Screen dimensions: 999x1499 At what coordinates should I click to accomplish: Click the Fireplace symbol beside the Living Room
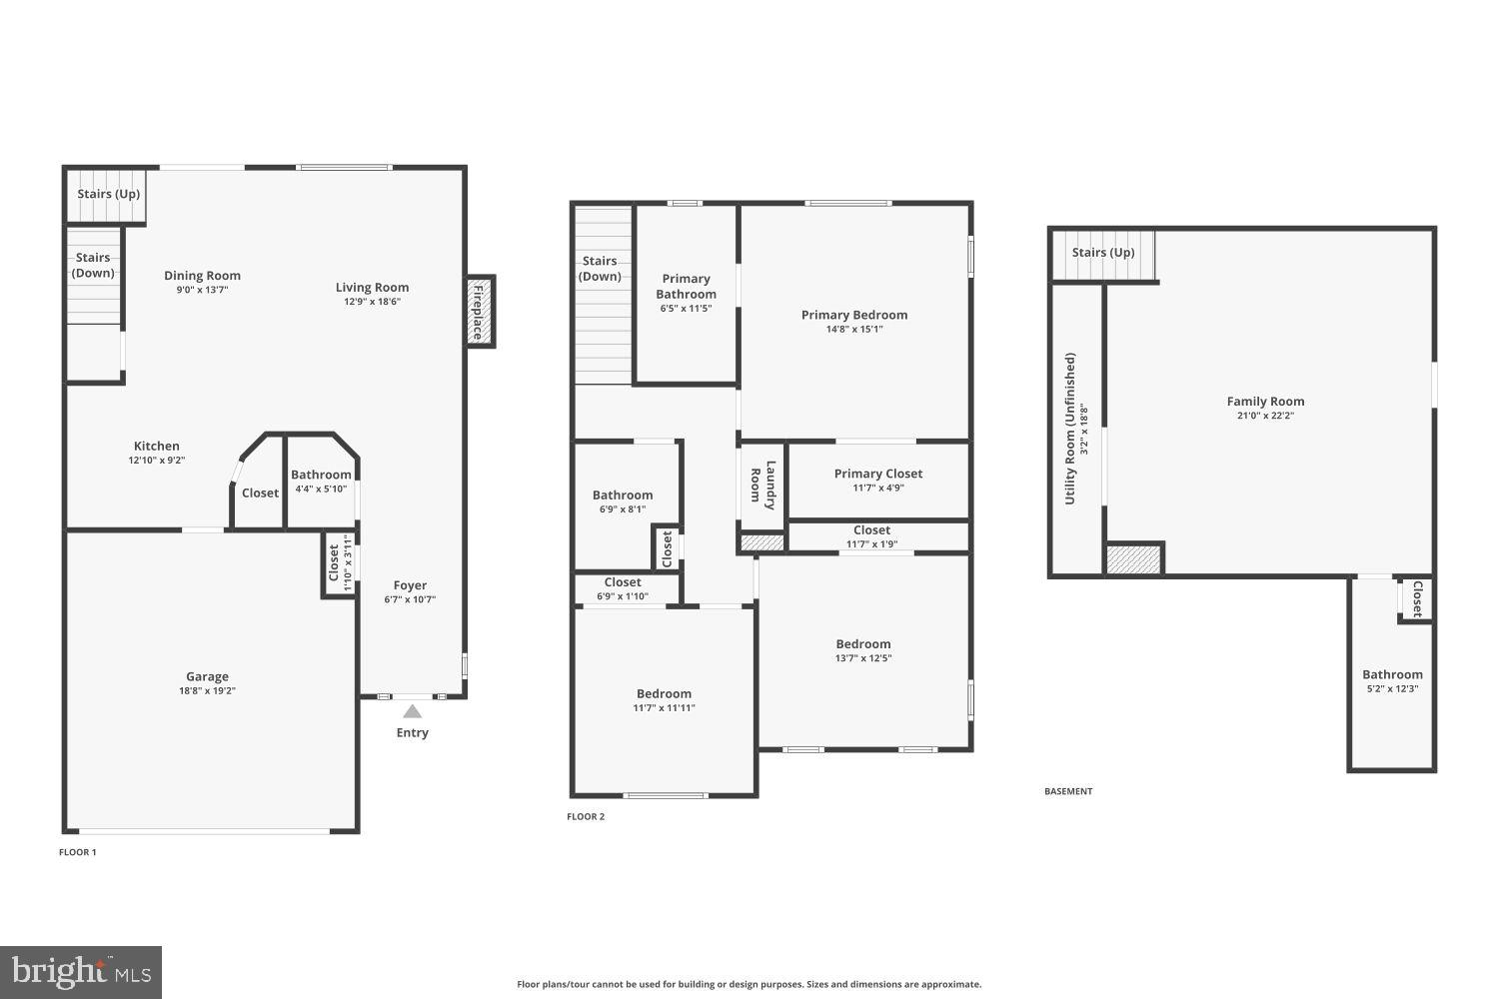click(x=480, y=311)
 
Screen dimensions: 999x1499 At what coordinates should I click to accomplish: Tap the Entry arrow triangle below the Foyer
click(x=412, y=712)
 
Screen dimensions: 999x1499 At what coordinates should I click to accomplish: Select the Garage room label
click(x=207, y=676)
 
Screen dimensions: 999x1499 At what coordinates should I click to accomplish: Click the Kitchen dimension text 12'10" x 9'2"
click(x=157, y=461)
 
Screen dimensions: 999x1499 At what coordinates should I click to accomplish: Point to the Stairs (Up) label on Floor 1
click(x=109, y=194)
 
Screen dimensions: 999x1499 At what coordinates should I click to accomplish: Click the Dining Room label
click(x=202, y=276)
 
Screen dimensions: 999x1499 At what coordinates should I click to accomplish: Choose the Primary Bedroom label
click(x=854, y=315)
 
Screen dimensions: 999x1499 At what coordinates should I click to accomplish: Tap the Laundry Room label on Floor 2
click(x=763, y=485)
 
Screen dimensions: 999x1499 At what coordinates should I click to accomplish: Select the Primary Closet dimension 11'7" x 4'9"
click(x=878, y=489)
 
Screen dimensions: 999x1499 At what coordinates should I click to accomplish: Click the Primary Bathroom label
click(x=686, y=286)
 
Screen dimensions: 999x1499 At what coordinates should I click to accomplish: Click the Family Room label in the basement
click(x=1265, y=402)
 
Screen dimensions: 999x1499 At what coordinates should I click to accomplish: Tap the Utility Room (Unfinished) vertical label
click(x=1070, y=428)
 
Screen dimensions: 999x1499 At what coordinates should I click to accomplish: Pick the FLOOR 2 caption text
click(x=586, y=816)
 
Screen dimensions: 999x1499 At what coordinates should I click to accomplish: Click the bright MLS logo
click(x=81, y=972)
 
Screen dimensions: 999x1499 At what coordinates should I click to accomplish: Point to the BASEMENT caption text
click(x=1068, y=791)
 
